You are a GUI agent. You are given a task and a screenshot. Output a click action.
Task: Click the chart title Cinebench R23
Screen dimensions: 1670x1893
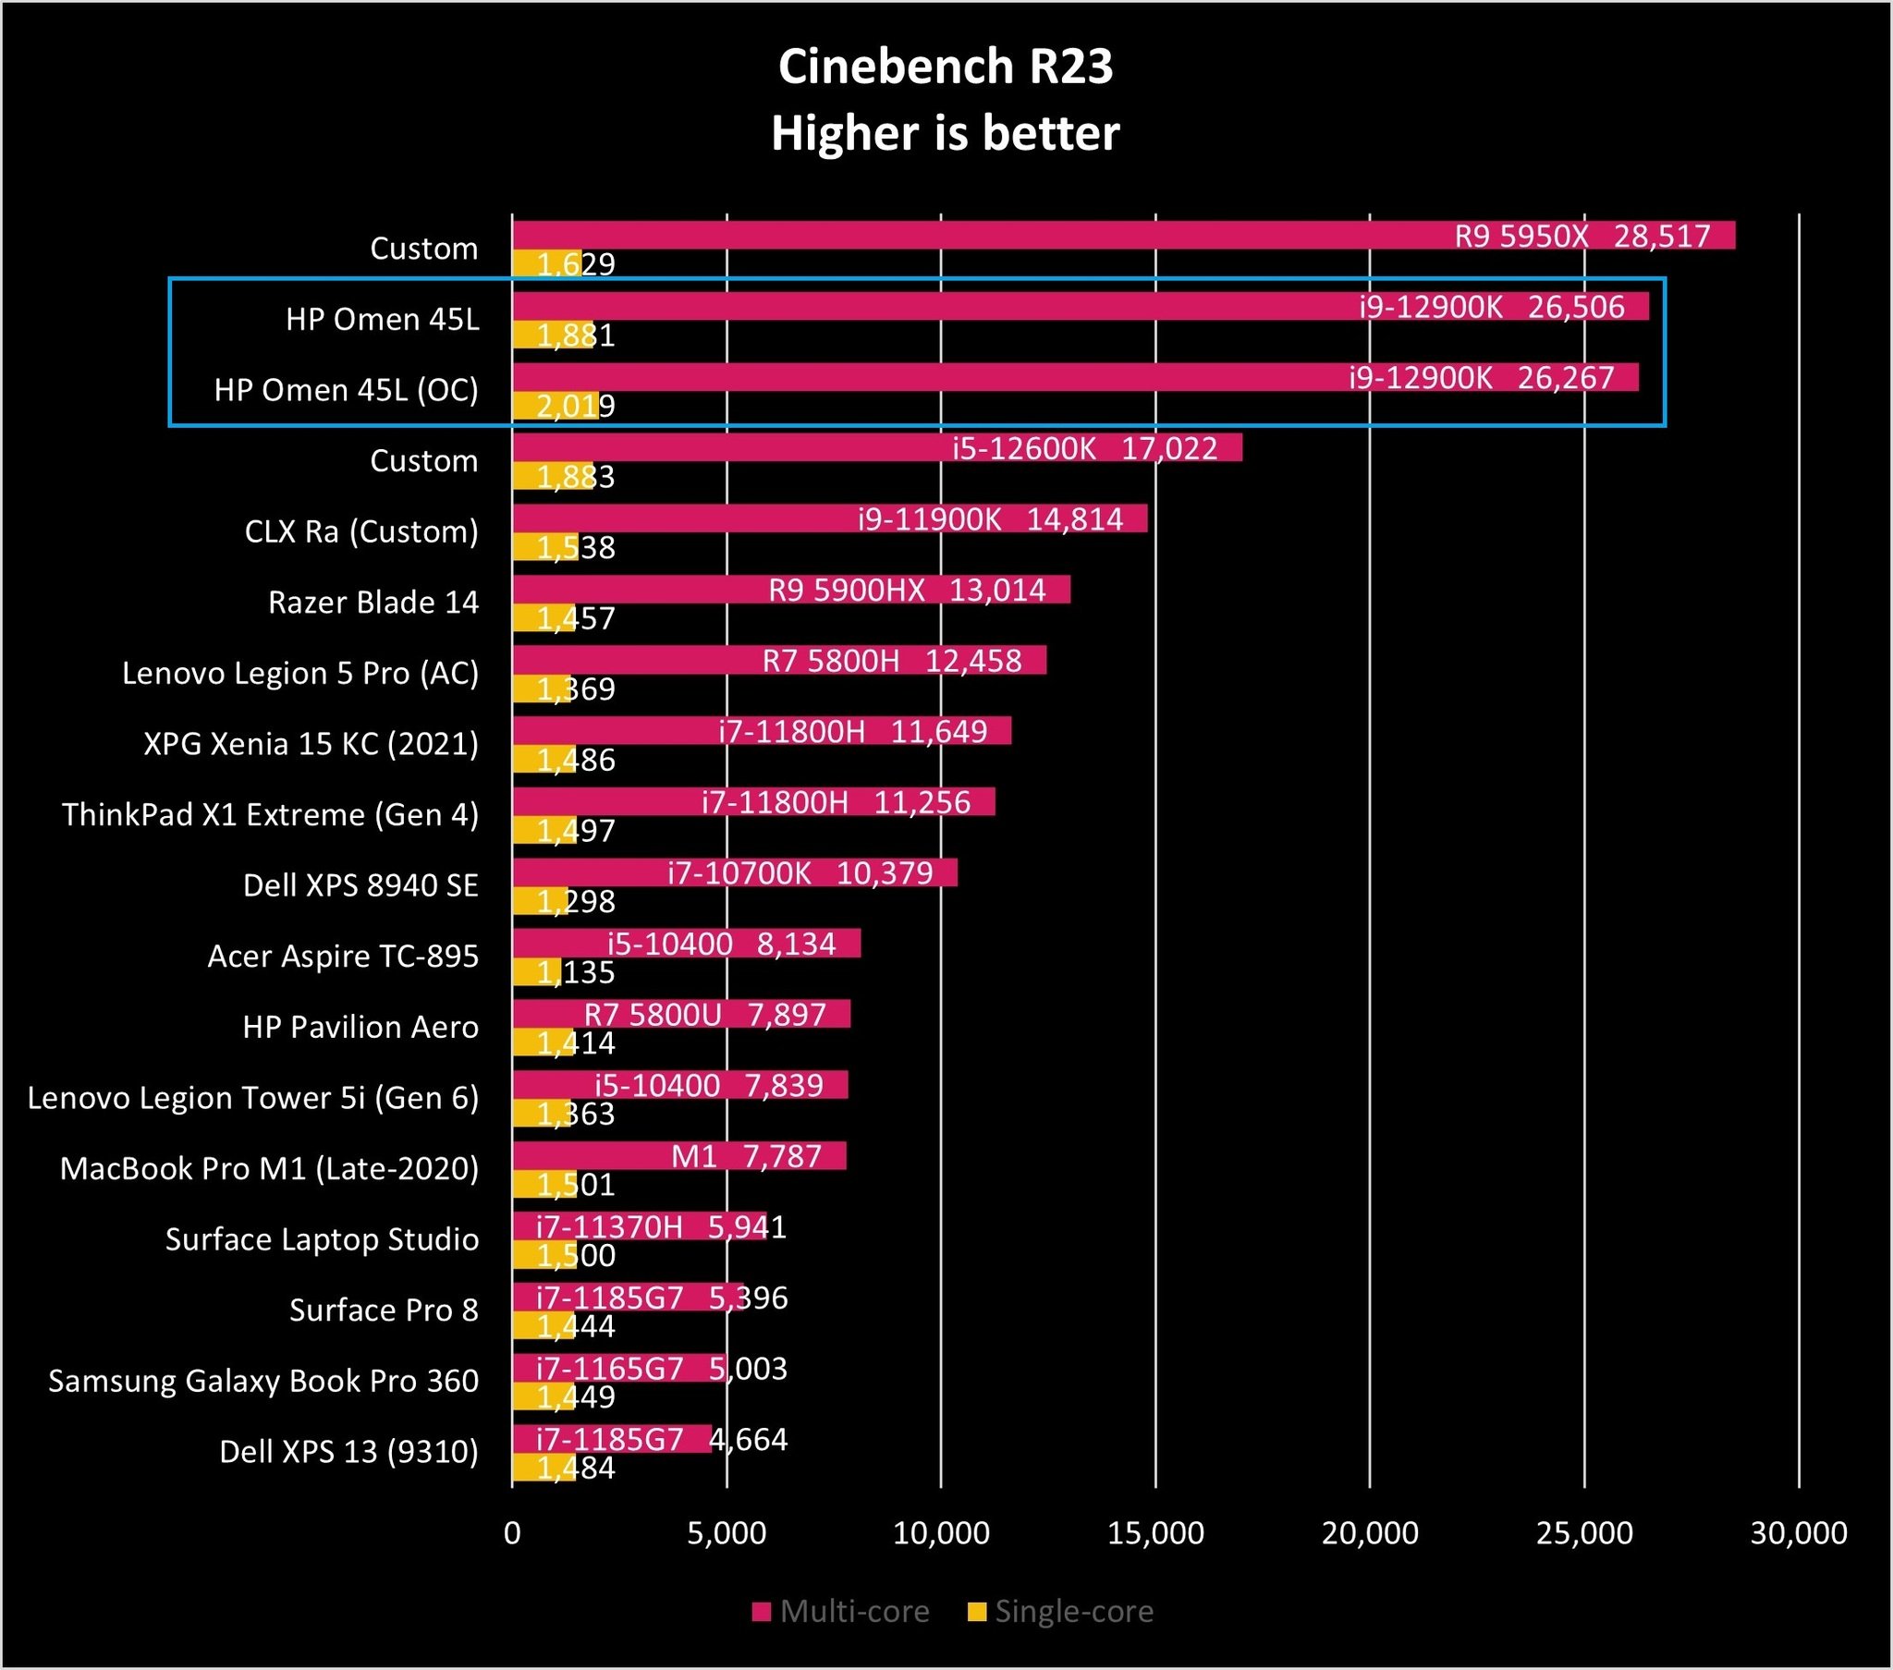coord(946,67)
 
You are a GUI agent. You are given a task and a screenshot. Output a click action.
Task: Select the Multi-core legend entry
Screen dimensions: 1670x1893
coord(841,1612)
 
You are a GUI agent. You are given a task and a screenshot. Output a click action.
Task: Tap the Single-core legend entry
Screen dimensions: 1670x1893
coord(1061,1612)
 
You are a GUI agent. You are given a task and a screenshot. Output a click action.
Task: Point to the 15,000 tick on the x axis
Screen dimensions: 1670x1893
coord(1155,1533)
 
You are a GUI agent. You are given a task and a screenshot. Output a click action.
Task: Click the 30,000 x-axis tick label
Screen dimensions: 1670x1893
coord(1799,1533)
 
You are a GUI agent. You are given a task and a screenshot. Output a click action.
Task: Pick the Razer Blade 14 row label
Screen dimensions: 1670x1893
coord(373,602)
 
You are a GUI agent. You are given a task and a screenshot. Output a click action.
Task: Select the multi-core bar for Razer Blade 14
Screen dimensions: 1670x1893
coord(648,589)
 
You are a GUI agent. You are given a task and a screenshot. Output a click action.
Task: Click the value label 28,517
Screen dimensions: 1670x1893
coord(1662,237)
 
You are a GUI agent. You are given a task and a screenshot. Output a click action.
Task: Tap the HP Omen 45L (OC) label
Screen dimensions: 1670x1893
coord(347,390)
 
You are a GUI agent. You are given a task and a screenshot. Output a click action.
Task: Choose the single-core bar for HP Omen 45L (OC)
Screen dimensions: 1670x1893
coord(556,406)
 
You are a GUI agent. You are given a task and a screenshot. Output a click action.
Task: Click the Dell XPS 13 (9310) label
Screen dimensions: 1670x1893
coord(349,1451)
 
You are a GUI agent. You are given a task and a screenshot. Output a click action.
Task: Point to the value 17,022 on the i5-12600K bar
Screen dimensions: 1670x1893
coord(1168,448)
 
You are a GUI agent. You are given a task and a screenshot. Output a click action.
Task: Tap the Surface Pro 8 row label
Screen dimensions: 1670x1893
coord(384,1310)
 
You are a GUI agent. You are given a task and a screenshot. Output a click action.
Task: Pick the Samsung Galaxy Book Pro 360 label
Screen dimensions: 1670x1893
coord(264,1381)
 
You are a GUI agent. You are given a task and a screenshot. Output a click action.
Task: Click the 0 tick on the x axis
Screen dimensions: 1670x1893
coord(512,1533)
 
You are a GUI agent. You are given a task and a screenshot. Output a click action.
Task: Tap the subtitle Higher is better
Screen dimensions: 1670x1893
coord(946,133)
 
